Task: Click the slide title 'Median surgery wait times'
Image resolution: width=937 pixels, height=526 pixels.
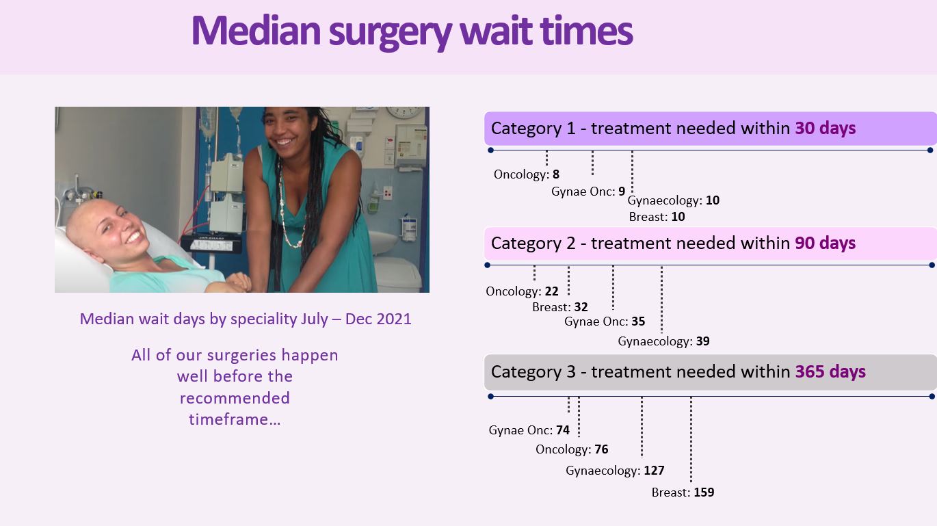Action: click(x=412, y=32)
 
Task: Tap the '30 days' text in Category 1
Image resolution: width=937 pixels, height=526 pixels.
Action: click(x=826, y=129)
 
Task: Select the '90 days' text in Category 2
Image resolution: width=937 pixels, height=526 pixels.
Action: click(x=826, y=244)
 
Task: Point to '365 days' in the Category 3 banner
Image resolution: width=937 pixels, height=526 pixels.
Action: click(x=830, y=372)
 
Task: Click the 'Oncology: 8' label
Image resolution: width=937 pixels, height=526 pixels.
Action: click(x=526, y=174)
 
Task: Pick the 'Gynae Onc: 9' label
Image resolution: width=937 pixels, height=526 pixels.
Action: click(x=588, y=192)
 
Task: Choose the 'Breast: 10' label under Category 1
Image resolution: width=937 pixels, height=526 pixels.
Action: click(x=657, y=217)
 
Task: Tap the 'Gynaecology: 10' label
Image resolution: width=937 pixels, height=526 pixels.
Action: click(x=674, y=200)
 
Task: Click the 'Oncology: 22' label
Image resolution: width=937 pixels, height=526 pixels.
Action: click(x=522, y=291)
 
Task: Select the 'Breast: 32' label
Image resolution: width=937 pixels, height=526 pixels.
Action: click(x=559, y=307)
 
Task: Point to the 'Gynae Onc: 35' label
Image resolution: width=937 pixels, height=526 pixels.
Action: click(x=605, y=321)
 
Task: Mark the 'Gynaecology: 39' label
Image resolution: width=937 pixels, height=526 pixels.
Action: click(x=664, y=341)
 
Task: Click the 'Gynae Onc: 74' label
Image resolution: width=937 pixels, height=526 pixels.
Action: click(x=529, y=430)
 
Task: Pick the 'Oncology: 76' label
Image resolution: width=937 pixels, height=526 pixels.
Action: click(x=572, y=449)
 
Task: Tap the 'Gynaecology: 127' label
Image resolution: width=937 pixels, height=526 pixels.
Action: click(x=615, y=471)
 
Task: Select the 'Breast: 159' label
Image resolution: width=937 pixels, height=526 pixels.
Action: click(x=683, y=492)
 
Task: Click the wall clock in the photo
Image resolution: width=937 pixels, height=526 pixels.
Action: click(x=404, y=111)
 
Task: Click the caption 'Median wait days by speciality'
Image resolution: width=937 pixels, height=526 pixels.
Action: click(x=189, y=319)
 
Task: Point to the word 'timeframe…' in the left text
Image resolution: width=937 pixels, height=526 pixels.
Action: click(x=235, y=419)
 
